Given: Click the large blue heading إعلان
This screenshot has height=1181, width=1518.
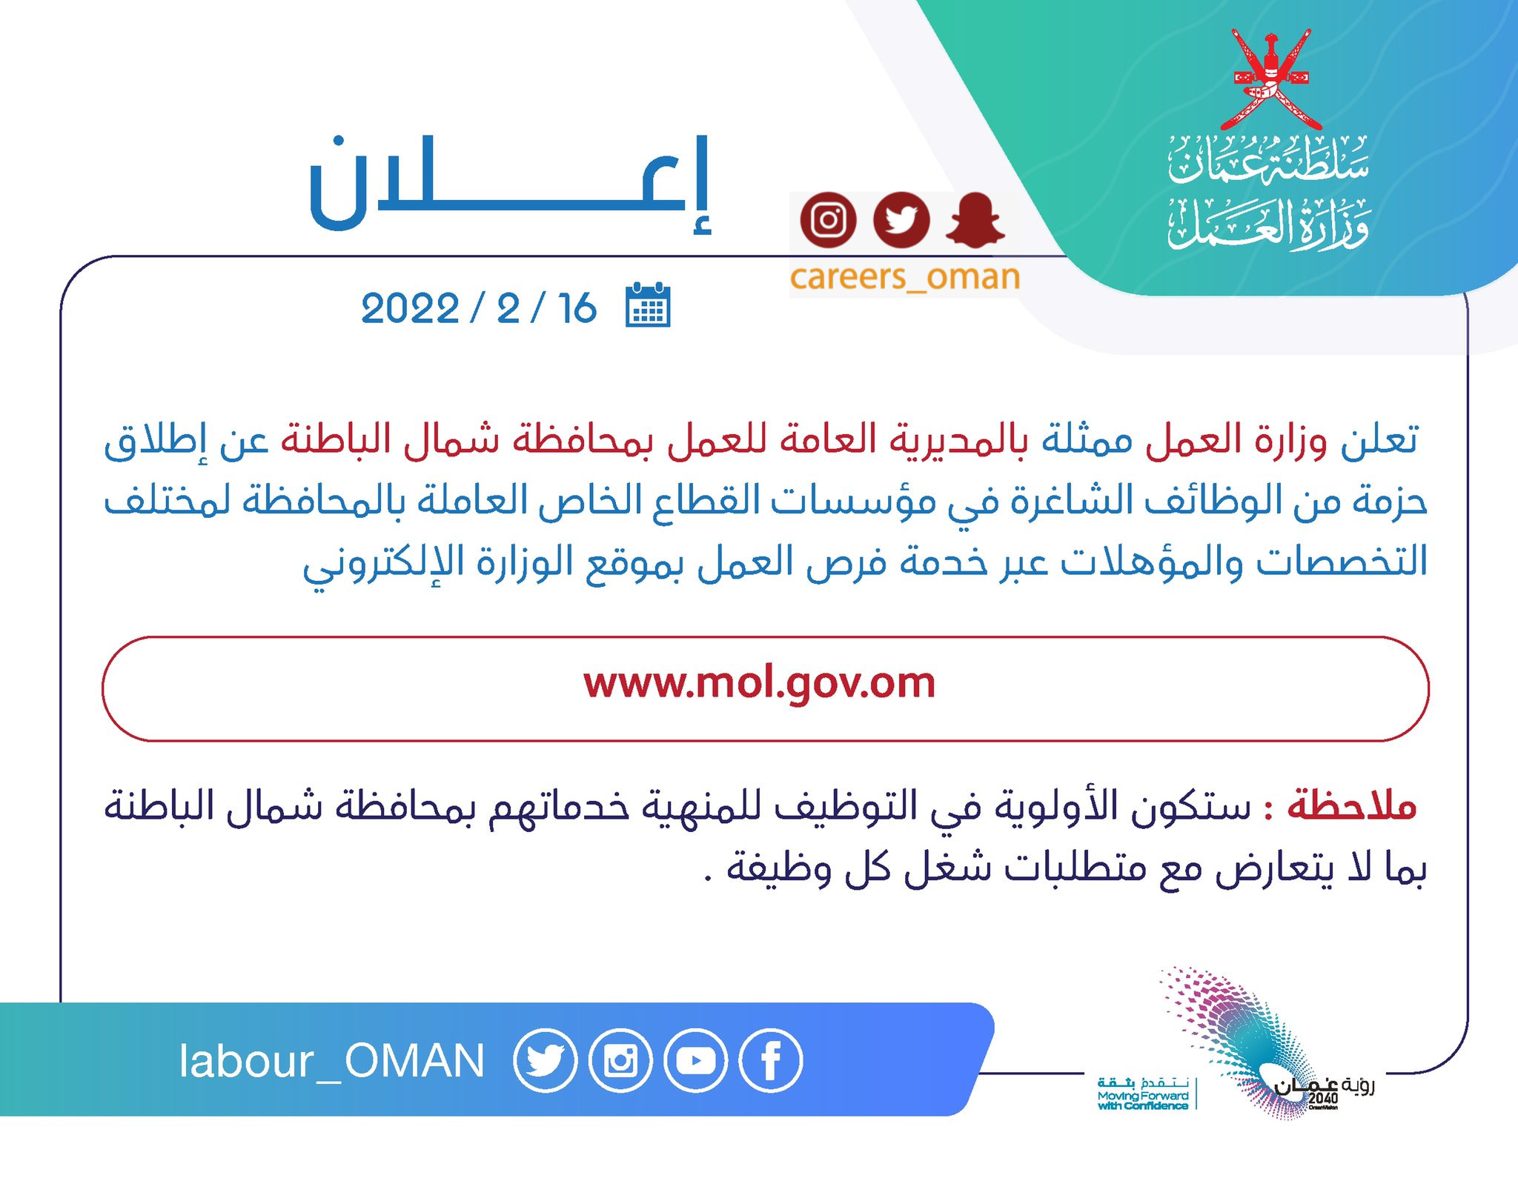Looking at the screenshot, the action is point(510,184).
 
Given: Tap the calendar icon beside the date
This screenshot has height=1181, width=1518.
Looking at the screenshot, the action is point(648,305).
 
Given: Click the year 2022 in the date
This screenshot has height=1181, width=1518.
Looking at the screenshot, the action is point(410,308).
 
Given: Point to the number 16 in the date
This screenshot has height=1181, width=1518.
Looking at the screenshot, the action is point(577,308).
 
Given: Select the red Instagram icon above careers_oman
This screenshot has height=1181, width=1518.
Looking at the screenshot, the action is point(828,220).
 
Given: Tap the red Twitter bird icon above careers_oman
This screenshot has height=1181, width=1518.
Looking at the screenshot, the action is point(901,220).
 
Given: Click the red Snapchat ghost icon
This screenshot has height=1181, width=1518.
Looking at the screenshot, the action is point(975,220).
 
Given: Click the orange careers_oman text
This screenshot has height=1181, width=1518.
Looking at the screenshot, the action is point(905,277).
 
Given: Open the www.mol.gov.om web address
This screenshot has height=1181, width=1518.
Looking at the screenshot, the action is point(760,683).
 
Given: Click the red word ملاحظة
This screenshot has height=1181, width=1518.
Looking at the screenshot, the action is point(1352,805).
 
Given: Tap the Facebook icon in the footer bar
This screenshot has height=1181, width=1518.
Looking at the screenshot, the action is point(771,1061).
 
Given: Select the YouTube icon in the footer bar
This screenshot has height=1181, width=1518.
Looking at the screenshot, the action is point(696,1061).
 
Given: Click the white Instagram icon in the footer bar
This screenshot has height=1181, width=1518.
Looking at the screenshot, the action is point(620,1061).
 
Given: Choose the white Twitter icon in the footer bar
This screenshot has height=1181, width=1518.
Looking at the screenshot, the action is point(545,1061).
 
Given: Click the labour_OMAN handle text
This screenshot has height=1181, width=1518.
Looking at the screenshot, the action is point(331,1061).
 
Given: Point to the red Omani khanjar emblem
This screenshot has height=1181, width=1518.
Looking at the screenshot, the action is point(1271,79).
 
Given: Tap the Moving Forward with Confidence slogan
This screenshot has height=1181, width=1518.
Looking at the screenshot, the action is point(1143,1094).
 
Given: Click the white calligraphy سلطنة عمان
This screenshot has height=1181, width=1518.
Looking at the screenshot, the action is point(1269,159).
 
